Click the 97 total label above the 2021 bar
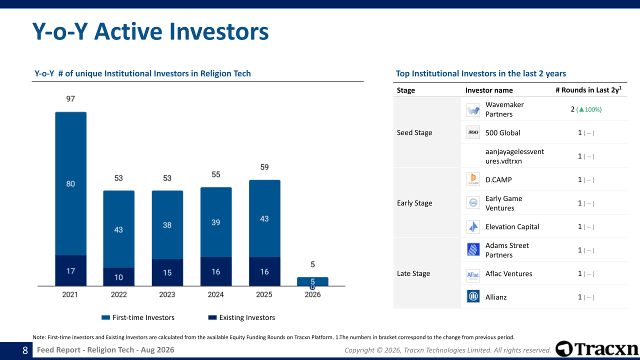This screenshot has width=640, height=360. pos(70,99)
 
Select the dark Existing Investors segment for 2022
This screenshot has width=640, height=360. pos(119,277)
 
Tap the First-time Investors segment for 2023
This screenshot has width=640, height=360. pos(167,225)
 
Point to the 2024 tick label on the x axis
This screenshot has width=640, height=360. pos(215,294)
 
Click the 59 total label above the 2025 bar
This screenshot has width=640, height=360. pos(264,167)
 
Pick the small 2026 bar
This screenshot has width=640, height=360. pos(312,281)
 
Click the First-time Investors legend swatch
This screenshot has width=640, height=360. pos(105,317)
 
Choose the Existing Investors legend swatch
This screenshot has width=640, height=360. pos(212,317)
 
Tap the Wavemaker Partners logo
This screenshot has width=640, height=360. pos(473,110)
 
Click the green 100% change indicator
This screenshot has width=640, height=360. pos(589,109)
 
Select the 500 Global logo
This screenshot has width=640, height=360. pos(473,132)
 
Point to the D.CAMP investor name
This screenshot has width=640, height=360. pos(498,179)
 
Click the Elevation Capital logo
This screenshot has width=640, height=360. pos(473,226)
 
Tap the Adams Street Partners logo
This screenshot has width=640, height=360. pos(473,250)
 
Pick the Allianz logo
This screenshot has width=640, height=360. pos(473,296)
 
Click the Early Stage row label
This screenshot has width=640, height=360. pos(414,203)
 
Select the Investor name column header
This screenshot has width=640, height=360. pos(489,90)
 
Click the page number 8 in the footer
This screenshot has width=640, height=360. pos(25,350)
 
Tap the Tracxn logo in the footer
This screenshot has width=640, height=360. pos(597,349)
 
